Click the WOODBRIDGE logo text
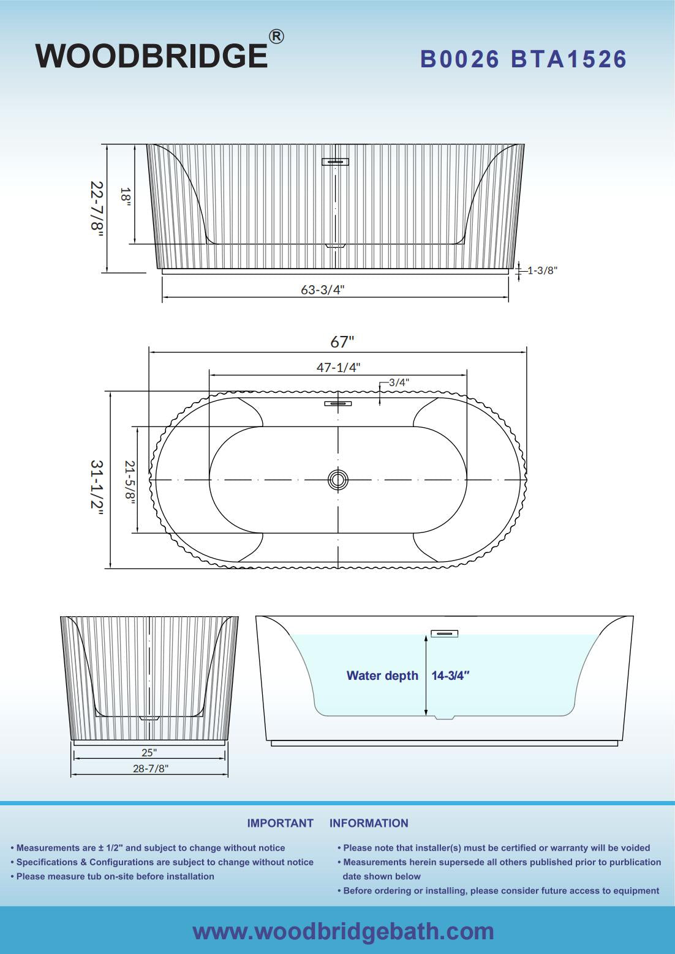[151, 55]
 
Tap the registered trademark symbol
[276, 37]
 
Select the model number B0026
[459, 59]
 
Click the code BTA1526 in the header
[569, 59]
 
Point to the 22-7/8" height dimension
[97, 206]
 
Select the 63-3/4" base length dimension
[322, 289]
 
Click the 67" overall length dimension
[342, 341]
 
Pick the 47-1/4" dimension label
[339, 367]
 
